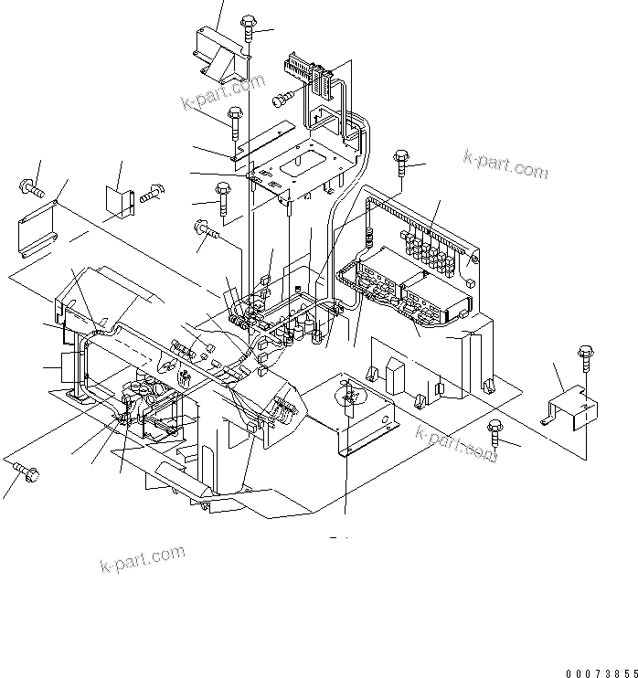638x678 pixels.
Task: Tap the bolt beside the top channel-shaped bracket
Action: (x=250, y=29)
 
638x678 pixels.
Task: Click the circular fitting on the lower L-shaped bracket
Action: (x=349, y=394)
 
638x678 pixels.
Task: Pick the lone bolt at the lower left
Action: (x=25, y=471)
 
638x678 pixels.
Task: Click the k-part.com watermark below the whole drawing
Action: (x=142, y=558)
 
